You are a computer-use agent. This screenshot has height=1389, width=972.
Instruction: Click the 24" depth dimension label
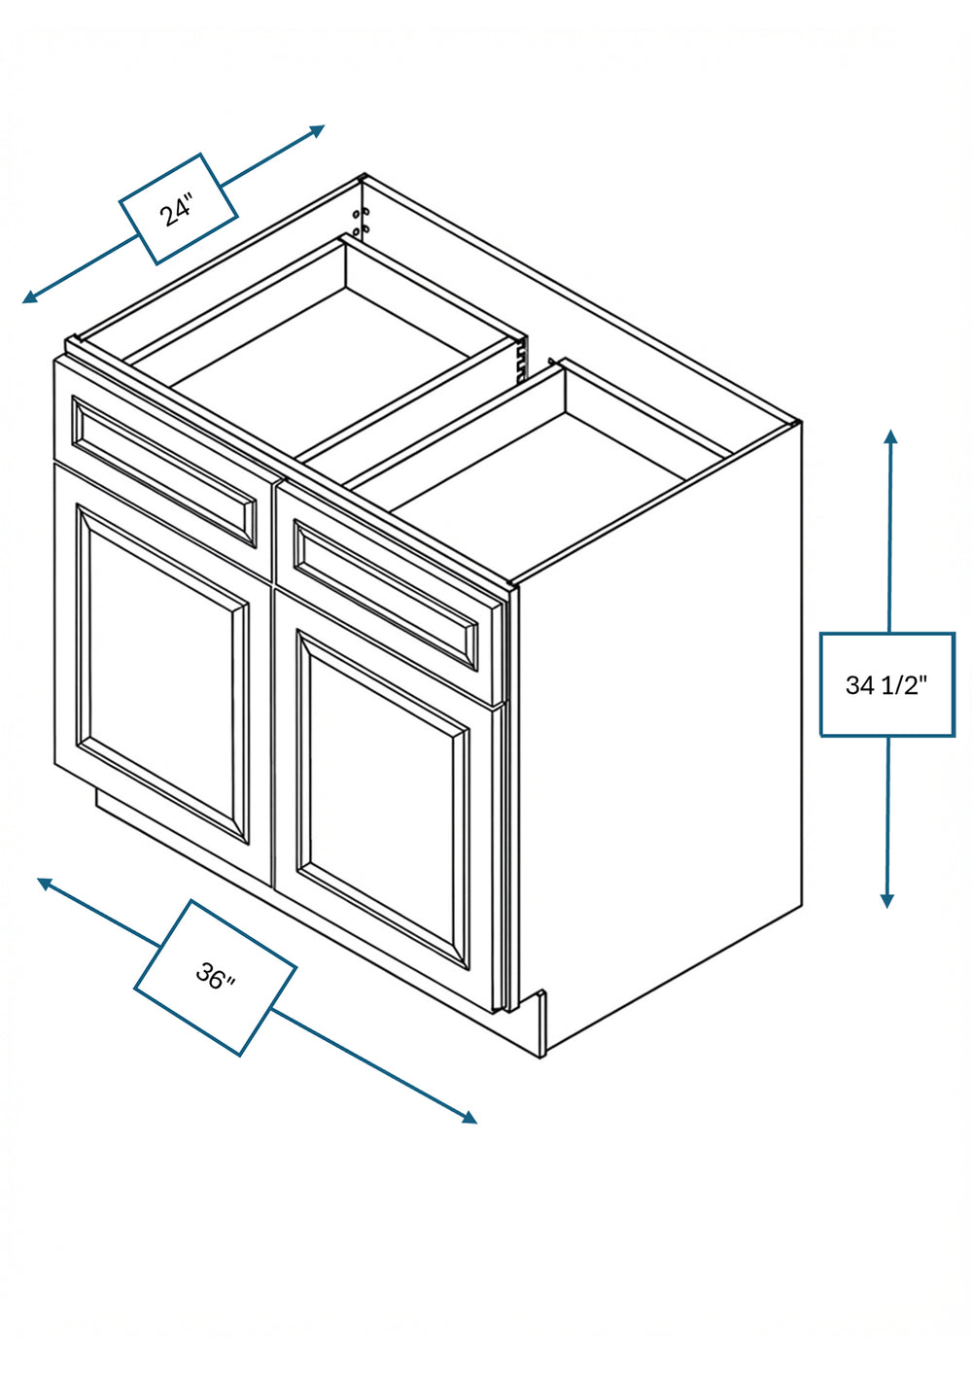tap(178, 210)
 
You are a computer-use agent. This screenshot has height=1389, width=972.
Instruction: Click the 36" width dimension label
tap(215, 977)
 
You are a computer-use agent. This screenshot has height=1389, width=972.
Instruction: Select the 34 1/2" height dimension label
tap(886, 685)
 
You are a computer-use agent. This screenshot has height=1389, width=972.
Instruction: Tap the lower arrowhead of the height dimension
tap(887, 900)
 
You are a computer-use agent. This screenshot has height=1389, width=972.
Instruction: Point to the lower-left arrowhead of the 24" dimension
tap(30, 297)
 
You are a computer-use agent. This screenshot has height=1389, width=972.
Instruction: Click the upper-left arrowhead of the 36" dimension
tap(45, 883)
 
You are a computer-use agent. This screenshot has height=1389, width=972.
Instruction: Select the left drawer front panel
tap(163, 471)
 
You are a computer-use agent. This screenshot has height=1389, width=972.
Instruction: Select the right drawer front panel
tap(391, 595)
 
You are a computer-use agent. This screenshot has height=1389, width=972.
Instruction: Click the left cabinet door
tap(162, 673)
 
